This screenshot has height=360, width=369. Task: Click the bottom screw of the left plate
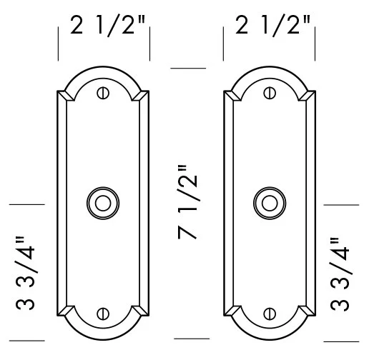click(x=104, y=313)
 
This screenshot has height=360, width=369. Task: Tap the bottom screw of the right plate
click(x=270, y=313)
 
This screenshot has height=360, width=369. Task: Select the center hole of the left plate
click(x=104, y=203)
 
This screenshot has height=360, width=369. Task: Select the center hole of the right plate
click(x=270, y=203)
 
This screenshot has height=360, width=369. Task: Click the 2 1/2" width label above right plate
click(x=272, y=29)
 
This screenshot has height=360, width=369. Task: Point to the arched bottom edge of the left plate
click(x=104, y=335)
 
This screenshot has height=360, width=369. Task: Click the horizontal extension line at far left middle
click(x=26, y=204)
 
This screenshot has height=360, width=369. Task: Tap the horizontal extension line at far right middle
click(x=342, y=204)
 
